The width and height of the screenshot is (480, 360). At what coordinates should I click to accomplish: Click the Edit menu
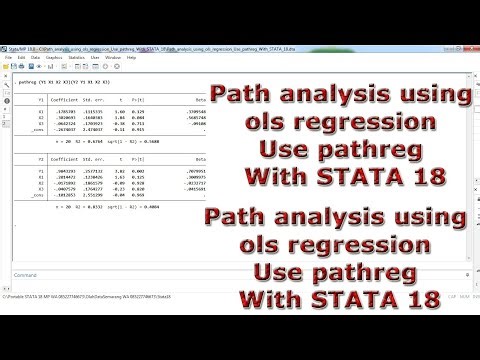tap(21, 57)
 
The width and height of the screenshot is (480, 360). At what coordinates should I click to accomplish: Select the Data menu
tap(36, 57)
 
